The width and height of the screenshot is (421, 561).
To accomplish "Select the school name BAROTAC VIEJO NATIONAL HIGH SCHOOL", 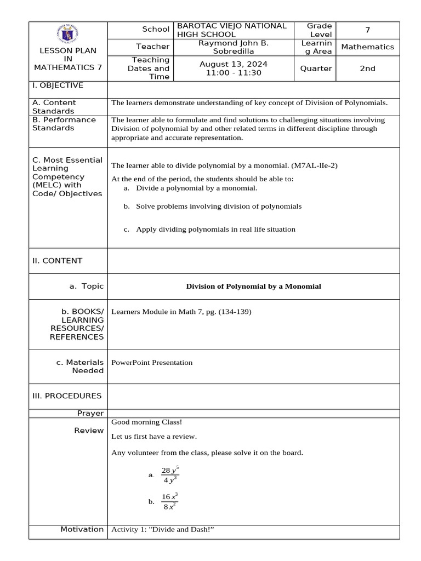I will point(231,30).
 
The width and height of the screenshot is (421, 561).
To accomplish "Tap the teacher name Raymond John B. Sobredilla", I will point(233,47).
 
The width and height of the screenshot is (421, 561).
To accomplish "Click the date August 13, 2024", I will point(234,64).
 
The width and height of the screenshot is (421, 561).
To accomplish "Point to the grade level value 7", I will point(368,30).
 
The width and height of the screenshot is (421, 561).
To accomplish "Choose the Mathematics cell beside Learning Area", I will point(367,47).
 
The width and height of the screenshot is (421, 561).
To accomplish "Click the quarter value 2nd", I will point(367,68).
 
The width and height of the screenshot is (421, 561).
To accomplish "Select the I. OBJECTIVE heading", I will point(58,85).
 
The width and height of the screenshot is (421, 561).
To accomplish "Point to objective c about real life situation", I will point(215,229).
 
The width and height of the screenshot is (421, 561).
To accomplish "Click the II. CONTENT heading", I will point(57,261).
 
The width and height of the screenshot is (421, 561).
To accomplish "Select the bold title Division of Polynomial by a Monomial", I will point(253,286).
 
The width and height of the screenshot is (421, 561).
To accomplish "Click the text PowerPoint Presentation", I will point(152,362).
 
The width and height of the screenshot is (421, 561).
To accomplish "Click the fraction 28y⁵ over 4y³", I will point(170,475).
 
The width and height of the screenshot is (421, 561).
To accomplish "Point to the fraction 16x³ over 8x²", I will point(170,501).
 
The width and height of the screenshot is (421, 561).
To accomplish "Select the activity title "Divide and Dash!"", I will point(181,529).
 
